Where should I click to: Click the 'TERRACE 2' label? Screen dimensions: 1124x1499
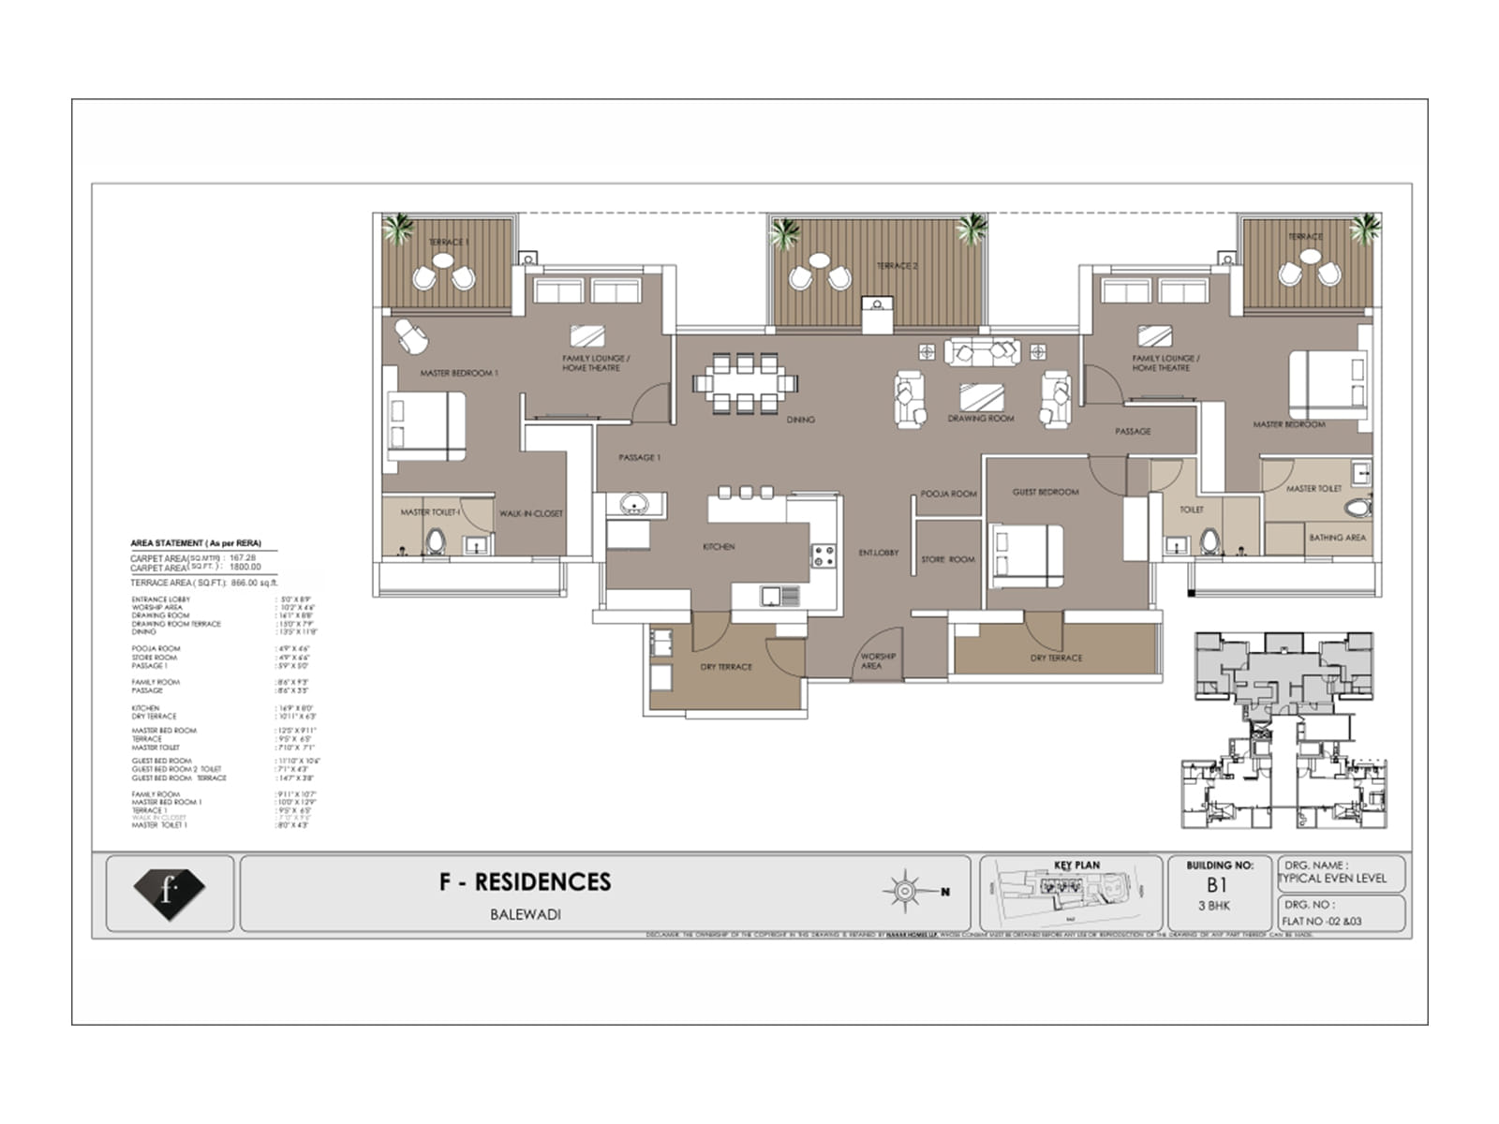point(897,266)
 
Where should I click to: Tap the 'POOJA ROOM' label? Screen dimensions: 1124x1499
point(948,494)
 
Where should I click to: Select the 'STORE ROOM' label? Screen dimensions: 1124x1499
point(948,559)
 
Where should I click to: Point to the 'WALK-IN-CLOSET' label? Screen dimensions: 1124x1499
point(530,513)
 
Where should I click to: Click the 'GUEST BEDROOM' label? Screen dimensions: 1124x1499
point(1046,492)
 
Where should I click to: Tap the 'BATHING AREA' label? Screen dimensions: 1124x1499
point(1337,538)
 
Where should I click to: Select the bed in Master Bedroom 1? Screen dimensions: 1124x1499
point(425,425)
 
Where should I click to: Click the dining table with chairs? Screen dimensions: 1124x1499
point(746,382)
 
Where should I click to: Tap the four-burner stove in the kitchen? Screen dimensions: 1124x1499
point(824,555)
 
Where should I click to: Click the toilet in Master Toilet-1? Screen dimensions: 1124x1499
point(436,541)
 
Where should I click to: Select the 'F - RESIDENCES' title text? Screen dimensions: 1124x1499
point(525,882)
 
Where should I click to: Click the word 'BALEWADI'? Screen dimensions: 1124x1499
point(526,914)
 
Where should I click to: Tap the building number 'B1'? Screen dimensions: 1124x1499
point(1216,885)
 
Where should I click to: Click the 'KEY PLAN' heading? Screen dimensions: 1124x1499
point(1076,865)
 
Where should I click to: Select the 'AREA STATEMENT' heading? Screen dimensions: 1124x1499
point(196,543)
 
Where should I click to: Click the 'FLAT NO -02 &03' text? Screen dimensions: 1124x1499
point(1322,921)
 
